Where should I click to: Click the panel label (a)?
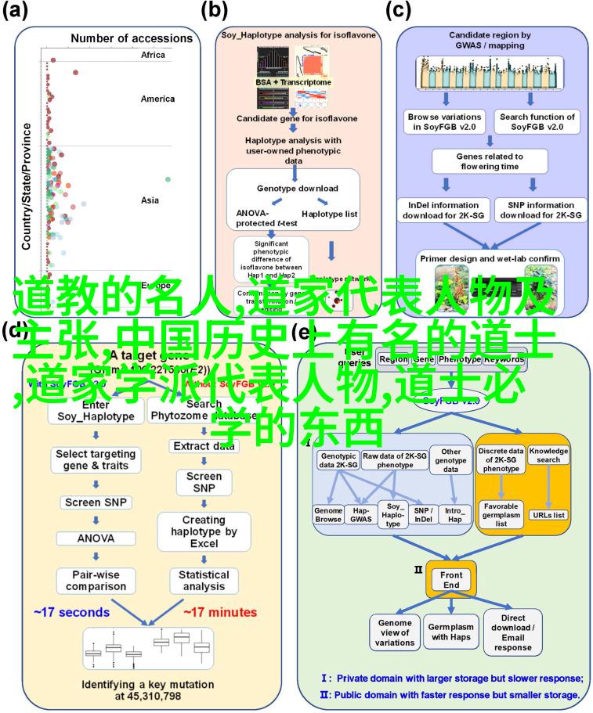point(16,11)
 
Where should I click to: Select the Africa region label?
point(154,55)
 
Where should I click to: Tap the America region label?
point(157,99)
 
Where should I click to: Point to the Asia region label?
point(150,200)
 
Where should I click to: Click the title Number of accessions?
point(131,38)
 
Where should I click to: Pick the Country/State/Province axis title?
point(27,185)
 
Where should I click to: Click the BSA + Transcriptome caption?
point(292,82)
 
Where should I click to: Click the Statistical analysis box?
point(204,580)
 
